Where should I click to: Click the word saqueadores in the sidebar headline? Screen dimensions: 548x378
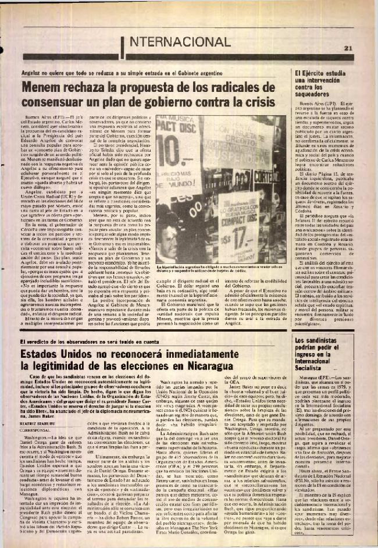coord(331,92)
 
